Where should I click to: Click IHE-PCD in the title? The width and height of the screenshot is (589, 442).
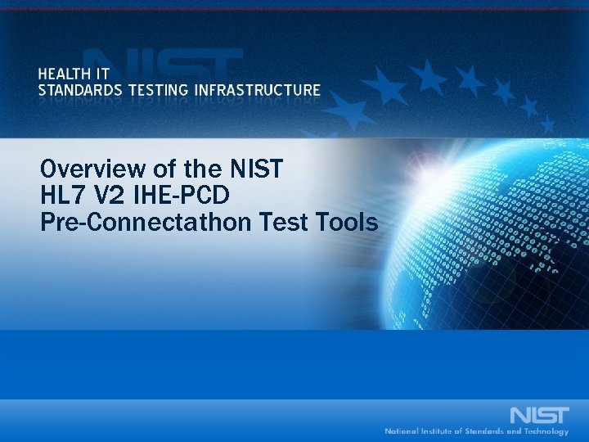tap(182, 196)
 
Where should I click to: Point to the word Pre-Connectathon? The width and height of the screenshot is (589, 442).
tap(132, 221)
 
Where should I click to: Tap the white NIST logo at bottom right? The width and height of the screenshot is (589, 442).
tap(539, 413)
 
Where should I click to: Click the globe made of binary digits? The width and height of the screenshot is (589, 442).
tap(491, 213)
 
